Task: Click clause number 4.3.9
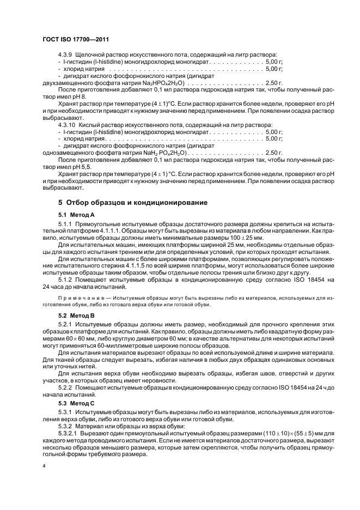point(66,54)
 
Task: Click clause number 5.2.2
point(66,388)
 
